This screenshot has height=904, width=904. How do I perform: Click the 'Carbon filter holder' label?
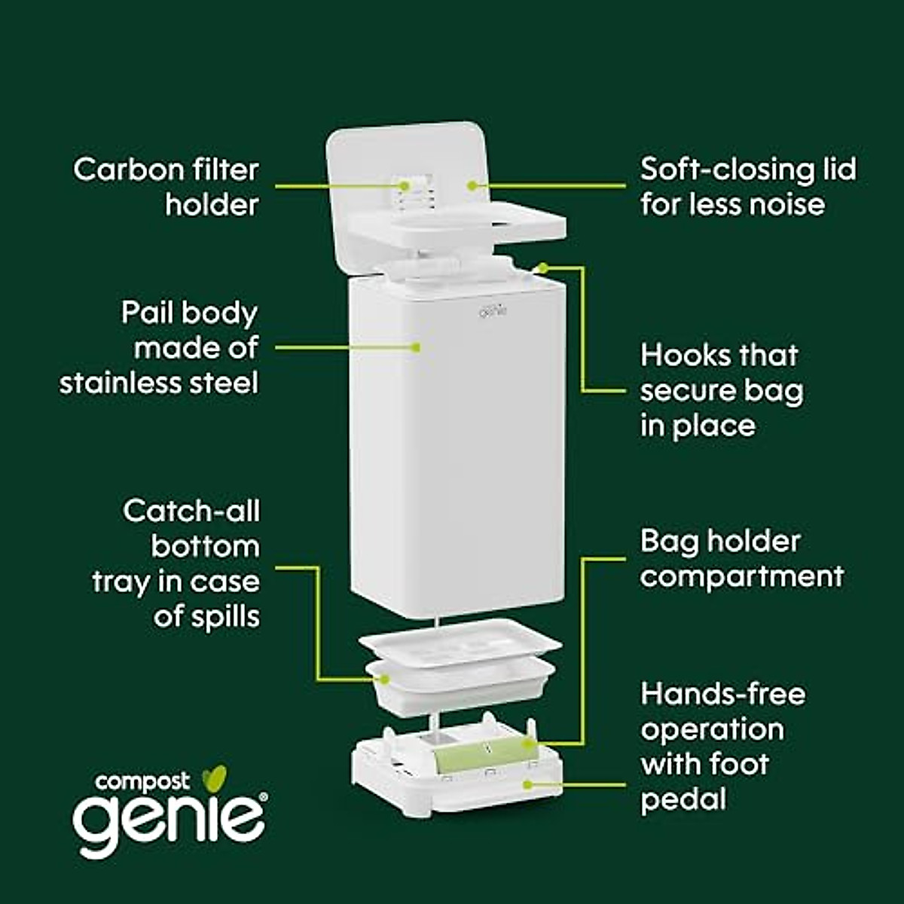coord(166,187)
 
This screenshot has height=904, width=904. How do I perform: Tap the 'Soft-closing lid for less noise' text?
coord(747,187)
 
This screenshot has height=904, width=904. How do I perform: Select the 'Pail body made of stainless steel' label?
coord(158,348)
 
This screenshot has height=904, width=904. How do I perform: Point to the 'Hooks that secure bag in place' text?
coord(721,390)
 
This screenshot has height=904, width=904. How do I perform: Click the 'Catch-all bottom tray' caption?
coord(176,563)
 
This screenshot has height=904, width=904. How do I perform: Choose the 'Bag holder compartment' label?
coord(741,559)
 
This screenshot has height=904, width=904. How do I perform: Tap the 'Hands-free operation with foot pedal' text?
coord(722,746)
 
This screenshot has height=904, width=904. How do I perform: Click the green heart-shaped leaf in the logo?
coord(217,777)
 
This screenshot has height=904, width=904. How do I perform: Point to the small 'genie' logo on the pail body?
coord(492,309)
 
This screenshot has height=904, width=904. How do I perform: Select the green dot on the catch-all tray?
coord(385,680)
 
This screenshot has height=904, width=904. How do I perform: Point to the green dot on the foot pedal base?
coord(527,784)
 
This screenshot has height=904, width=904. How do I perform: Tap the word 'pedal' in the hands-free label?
coord(683,799)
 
